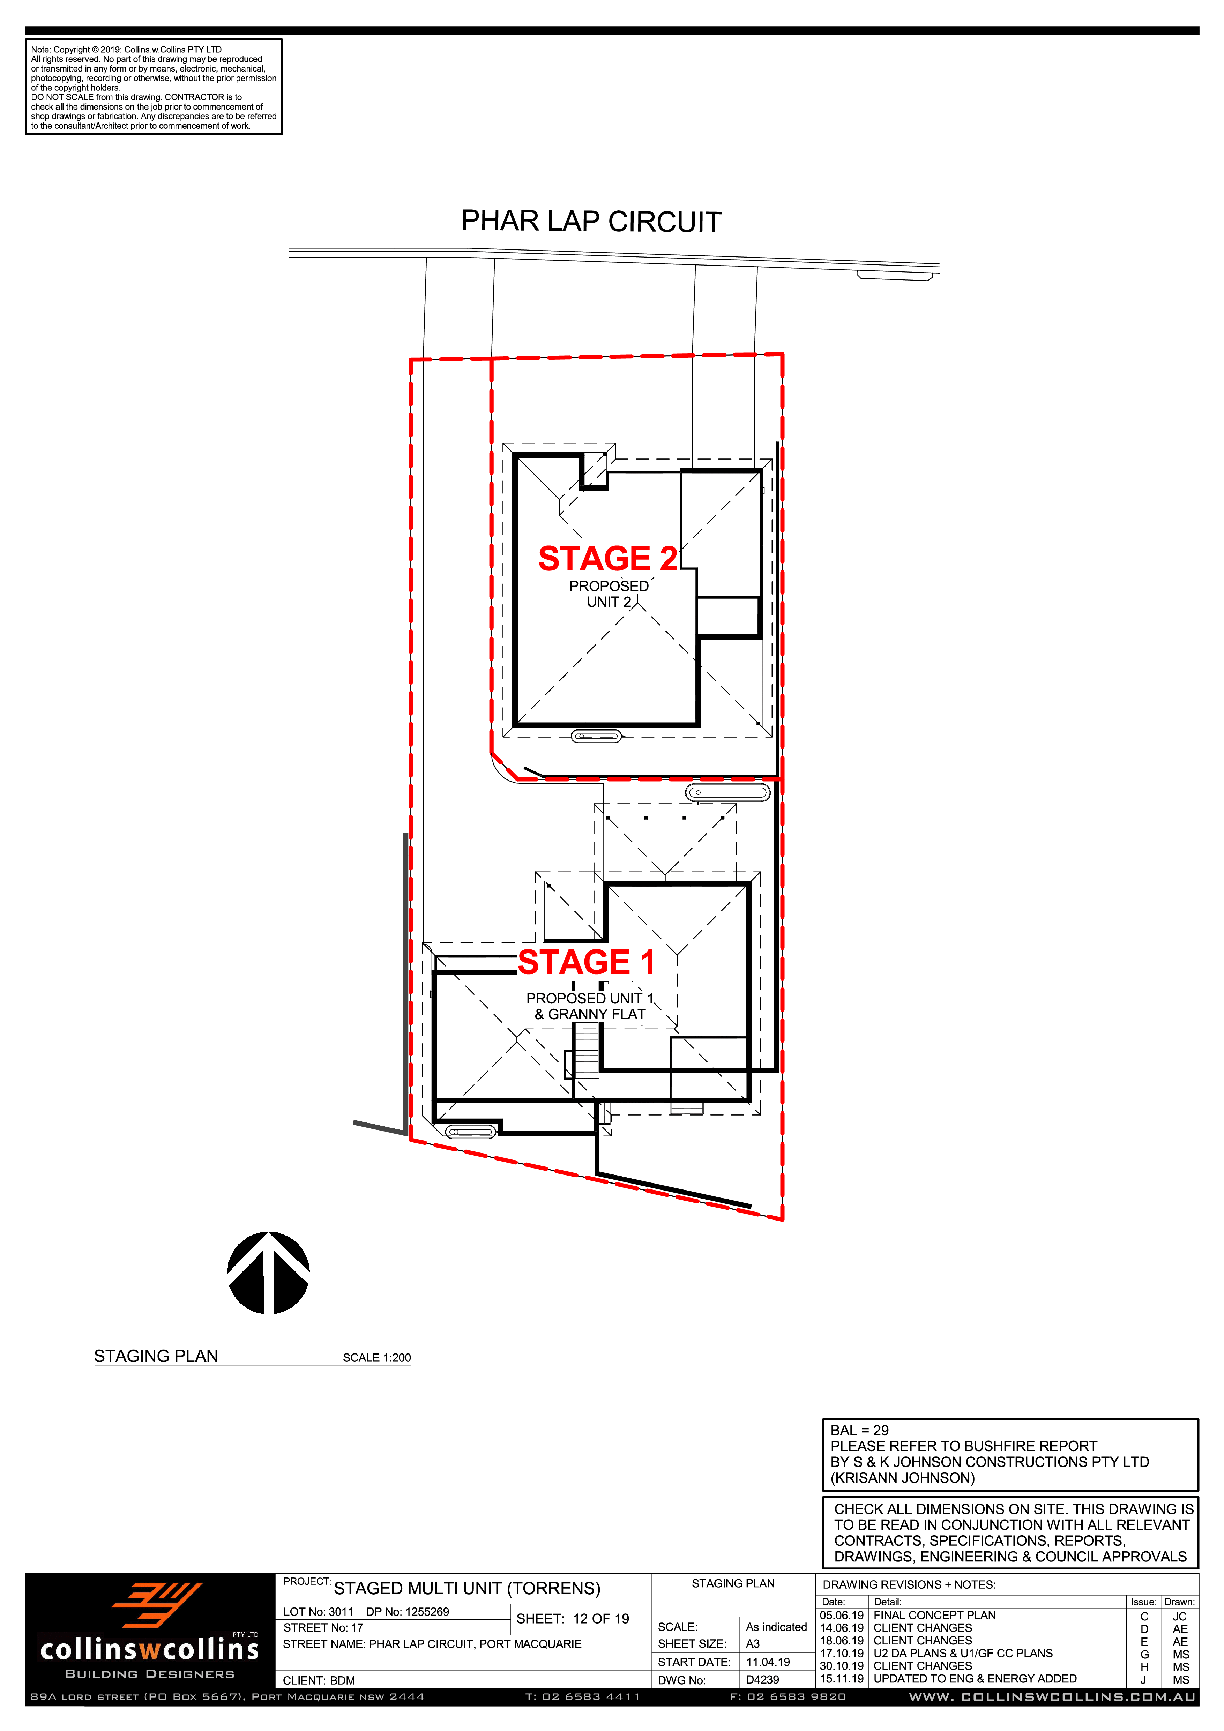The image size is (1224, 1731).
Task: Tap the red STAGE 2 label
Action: [x=607, y=559]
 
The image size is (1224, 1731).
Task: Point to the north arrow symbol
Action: [x=268, y=1273]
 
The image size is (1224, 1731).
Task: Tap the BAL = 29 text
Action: [x=860, y=1430]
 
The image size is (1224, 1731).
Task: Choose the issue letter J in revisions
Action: [x=1143, y=1680]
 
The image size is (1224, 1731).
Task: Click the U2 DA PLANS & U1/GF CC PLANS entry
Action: [x=963, y=1653]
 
